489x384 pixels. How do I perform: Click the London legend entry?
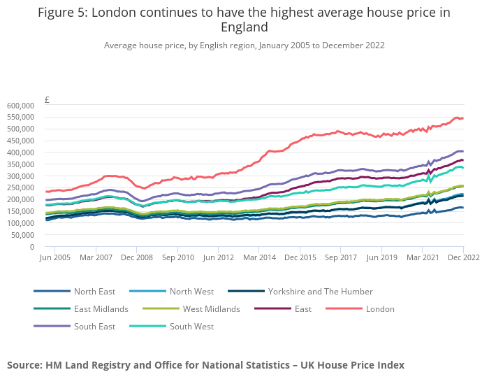click(x=380, y=309)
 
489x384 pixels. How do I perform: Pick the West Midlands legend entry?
click(x=211, y=309)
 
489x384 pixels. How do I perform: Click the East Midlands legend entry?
click(x=101, y=309)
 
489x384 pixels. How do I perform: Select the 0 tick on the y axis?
click(x=31, y=247)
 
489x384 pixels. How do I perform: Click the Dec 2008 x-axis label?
click(x=137, y=258)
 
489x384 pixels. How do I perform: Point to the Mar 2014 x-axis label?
click(x=259, y=258)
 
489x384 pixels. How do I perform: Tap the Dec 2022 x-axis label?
click(x=463, y=258)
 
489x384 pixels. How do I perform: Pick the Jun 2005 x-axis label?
click(x=55, y=258)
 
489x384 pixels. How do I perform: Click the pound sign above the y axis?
click(x=46, y=99)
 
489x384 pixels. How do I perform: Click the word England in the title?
click(x=244, y=27)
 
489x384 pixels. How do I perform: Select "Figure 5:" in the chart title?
click(x=62, y=13)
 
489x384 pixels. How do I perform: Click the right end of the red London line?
click(x=463, y=118)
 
